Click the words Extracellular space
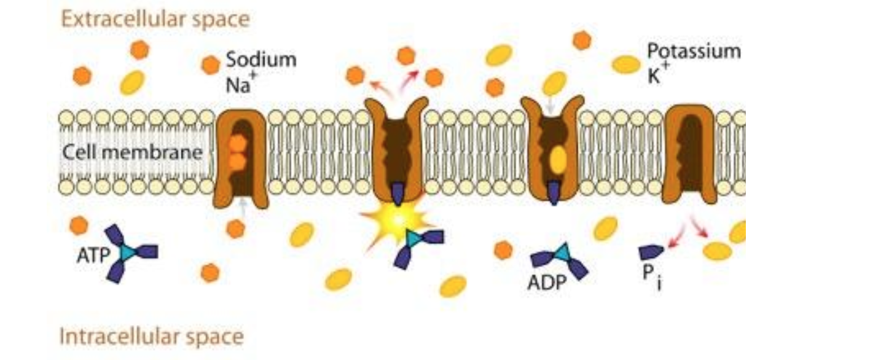(155, 19)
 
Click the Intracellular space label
(151, 336)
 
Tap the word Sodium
(261, 60)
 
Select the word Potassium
(694, 51)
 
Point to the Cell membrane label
(132, 152)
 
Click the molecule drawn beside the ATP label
(130, 252)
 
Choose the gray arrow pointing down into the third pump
(551, 106)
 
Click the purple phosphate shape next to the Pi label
(652, 252)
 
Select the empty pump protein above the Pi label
(690, 154)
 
